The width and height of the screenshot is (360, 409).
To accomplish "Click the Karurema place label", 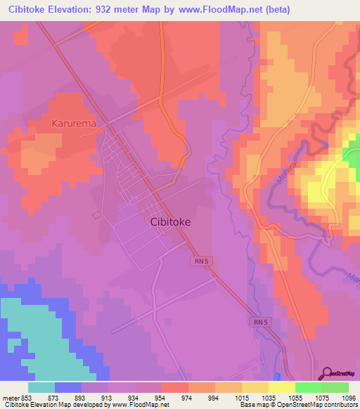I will click(73, 123).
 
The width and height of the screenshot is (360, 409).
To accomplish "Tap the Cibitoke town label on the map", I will click(170, 221).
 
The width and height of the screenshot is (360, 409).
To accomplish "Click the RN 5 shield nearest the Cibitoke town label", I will click(200, 261).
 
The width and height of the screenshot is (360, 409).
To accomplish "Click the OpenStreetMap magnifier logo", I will click(328, 372).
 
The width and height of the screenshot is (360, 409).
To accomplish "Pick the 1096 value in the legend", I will click(349, 398).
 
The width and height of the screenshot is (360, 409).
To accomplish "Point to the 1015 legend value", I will click(241, 398).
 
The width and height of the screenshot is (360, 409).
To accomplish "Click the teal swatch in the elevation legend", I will click(41, 387).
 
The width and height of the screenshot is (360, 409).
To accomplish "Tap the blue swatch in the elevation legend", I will click(67, 387).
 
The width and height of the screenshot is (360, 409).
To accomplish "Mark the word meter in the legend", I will click(9, 398).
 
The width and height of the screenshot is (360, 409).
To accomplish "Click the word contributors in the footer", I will click(340, 405).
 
